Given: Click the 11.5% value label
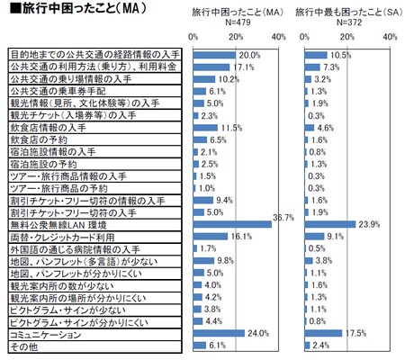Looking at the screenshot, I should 232,128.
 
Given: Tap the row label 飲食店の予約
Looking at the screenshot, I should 40,139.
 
